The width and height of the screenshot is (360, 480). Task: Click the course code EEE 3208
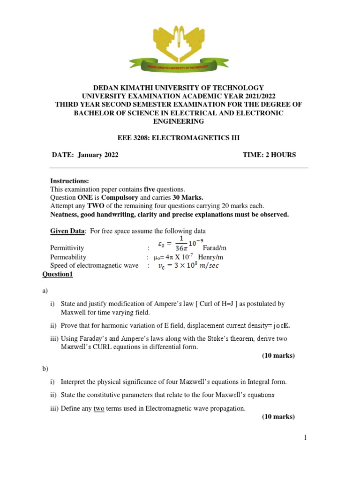pos(133,137)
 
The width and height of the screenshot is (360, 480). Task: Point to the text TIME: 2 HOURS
pos(269,155)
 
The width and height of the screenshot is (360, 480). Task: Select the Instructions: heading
pos(69,181)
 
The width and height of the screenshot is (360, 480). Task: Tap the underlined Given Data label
pos(68,231)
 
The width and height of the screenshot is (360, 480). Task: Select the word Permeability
pos(68,257)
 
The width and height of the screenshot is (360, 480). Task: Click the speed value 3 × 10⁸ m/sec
pos(187,266)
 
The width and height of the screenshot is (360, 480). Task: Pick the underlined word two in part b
pos(99,408)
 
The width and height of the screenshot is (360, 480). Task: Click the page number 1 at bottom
pos(305,438)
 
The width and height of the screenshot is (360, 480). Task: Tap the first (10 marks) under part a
pos(278,355)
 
